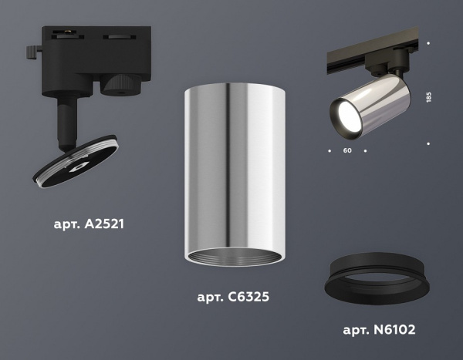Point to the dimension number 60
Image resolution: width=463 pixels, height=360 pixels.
(x=346, y=150)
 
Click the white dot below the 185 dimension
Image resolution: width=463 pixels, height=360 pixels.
(x=428, y=143)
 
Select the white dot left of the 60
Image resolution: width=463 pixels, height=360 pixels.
(x=330, y=145)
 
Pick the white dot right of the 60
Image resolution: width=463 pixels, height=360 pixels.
(x=364, y=145)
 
